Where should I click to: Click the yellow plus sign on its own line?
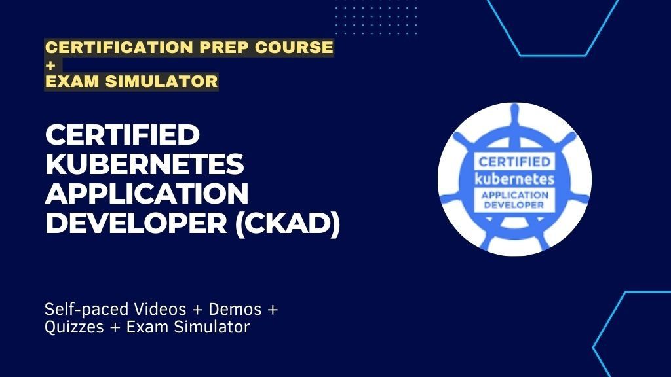pos(50,65)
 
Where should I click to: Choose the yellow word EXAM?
pos(69,82)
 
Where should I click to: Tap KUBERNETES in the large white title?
pos(144,166)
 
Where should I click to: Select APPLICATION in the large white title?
pos(147,194)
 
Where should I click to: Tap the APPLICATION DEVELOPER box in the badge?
pos(514,200)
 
